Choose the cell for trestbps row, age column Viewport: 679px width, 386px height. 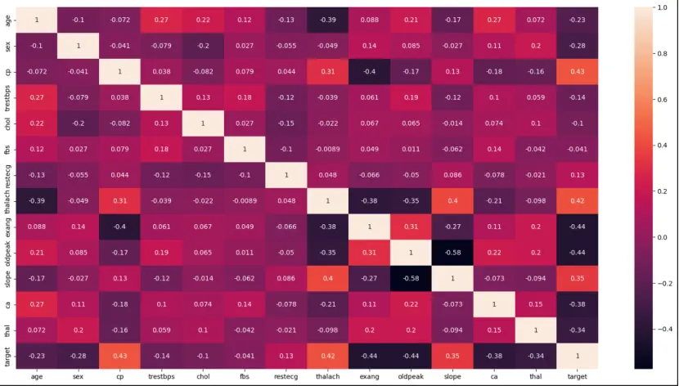click(36, 96)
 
